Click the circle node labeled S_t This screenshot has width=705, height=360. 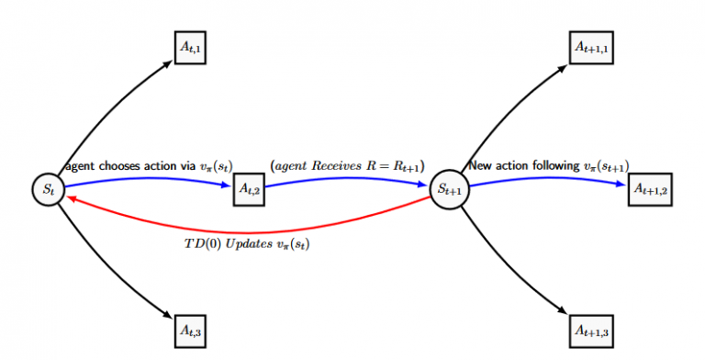coord(48,189)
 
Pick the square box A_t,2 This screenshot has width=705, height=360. coord(247,189)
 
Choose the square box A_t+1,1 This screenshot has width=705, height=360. coord(591,46)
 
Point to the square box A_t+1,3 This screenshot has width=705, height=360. coord(591,328)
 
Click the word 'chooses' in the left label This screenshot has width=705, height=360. coord(117,166)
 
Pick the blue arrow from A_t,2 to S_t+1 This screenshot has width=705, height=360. coord(349,179)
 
